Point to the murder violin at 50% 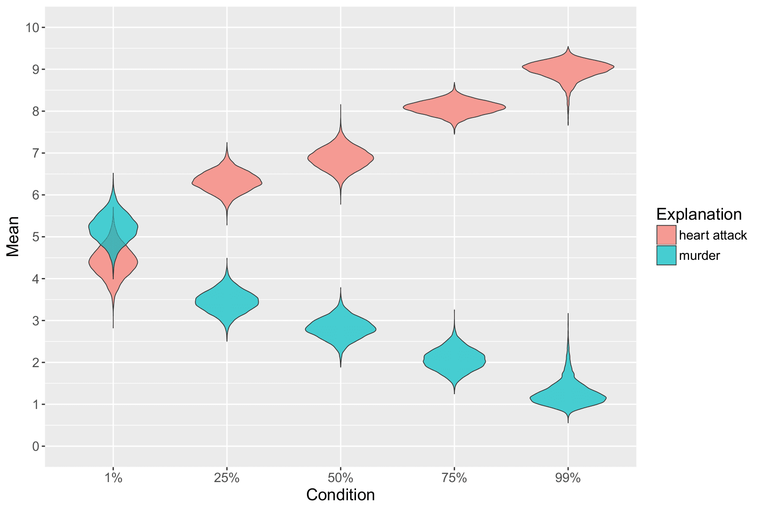click(x=341, y=329)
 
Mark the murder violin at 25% click(x=227, y=301)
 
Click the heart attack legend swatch click(x=667, y=235)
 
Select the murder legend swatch click(x=667, y=255)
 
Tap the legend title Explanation click(x=699, y=215)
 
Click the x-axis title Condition click(x=341, y=495)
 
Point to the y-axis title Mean click(x=13, y=236)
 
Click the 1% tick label click(x=113, y=479)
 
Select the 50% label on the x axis click(x=341, y=479)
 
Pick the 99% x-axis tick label click(x=568, y=479)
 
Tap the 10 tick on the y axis click(x=32, y=28)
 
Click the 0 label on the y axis click(x=36, y=447)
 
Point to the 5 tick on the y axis click(x=36, y=237)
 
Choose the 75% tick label click(x=454, y=479)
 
